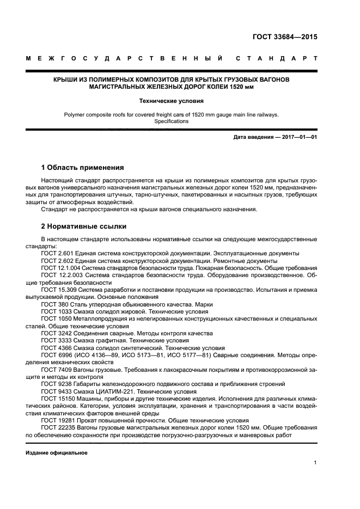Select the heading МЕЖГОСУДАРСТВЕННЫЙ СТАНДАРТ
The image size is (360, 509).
coord(171,58)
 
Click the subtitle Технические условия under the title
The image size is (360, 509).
coord(171,101)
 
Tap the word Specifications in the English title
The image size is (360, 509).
coord(171,121)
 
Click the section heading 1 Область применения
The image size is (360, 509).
coord(83,167)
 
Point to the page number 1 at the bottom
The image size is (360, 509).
coord(315,463)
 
